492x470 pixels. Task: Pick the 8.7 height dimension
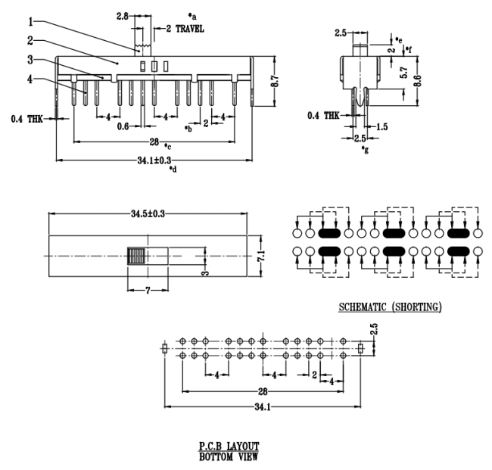click(x=279, y=76)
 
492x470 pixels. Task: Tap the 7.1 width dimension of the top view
click(x=263, y=257)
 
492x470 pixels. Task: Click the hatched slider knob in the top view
click(x=136, y=255)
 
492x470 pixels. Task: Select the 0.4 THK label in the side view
click(x=324, y=115)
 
